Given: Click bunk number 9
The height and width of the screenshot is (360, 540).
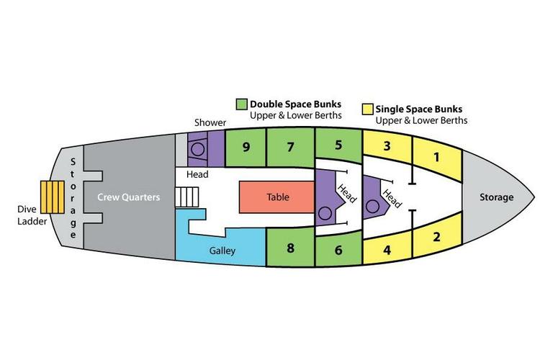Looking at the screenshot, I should [246, 148].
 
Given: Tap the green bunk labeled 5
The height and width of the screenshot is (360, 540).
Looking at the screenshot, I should [338, 144].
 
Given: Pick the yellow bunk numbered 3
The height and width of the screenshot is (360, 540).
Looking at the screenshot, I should [386, 147].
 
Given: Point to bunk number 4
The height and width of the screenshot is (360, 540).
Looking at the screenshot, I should [386, 251].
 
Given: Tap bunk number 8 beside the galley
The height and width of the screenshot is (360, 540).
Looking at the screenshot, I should [291, 249].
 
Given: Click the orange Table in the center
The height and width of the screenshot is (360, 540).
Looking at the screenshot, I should [276, 197].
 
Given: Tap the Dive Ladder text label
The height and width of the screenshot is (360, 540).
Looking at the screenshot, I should [32, 216].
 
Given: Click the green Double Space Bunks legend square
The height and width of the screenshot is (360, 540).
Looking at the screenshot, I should [242, 104].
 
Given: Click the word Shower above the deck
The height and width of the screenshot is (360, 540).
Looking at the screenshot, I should [210, 123].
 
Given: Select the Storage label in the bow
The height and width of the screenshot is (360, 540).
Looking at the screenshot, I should [497, 197].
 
